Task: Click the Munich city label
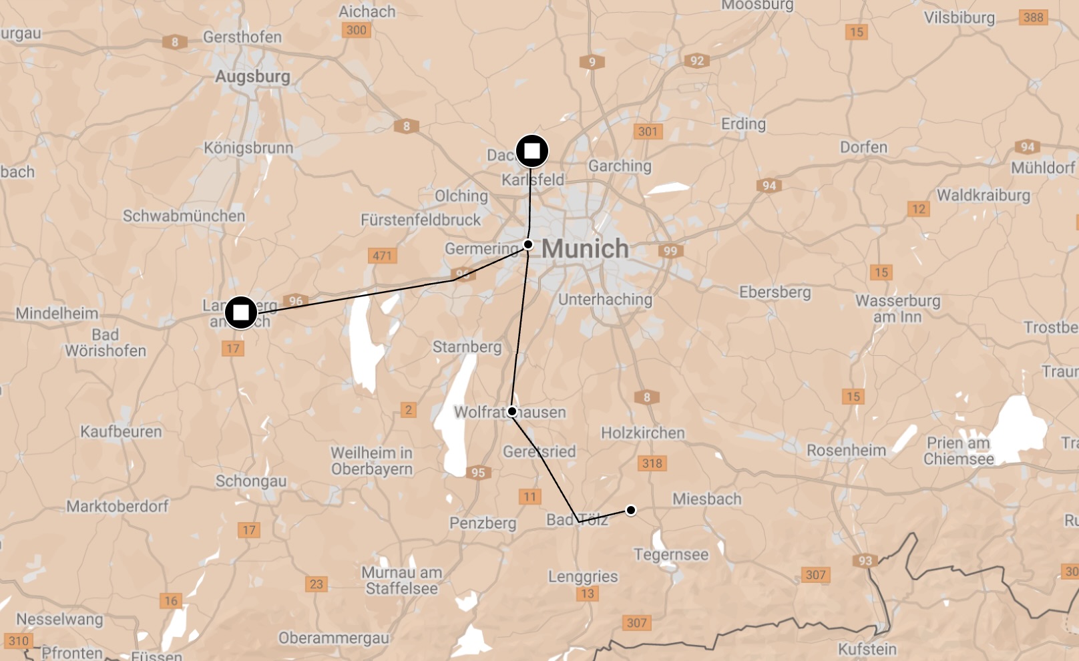tap(585, 249)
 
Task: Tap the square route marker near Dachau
tap(532, 151)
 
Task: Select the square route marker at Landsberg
tap(241, 312)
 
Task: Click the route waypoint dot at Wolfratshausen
tap(512, 411)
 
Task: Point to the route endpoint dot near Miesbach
tap(630, 510)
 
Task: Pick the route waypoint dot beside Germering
tap(528, 244)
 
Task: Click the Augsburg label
tap(252, 77)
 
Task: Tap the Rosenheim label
tap(846, 450)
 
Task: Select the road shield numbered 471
tap(382, 255)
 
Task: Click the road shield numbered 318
tap(652, 463)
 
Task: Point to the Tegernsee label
tap(671, 554)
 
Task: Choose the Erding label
tap(743, 124)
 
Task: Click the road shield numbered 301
tap(648, 132)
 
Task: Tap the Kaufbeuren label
tap(121, 431)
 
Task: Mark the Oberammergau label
tap(334, 638)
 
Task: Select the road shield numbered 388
tap(1033, 17)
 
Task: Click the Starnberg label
tap(467, 347)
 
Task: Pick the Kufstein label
tap(867, 649)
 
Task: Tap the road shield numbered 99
tap(670, 251)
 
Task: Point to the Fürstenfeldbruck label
tap(421, 220)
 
